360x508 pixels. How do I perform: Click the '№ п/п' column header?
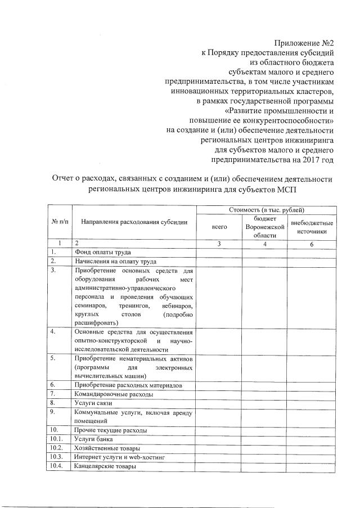59,222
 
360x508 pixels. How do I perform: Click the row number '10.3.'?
56,457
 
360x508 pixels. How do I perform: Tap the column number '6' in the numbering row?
311,244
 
